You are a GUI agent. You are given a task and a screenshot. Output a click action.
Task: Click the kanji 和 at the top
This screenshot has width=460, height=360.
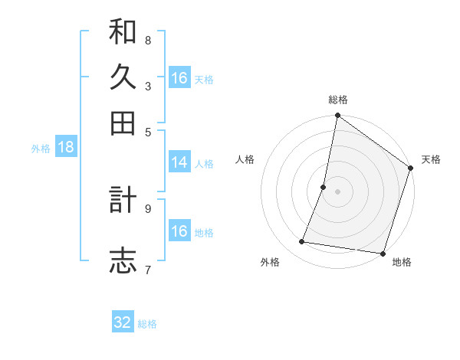[x=123, y=34]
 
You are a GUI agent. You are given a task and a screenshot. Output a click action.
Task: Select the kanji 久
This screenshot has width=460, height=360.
[x=123, y=78]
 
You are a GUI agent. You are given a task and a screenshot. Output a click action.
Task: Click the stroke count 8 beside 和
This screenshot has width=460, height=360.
[x=147, y=40]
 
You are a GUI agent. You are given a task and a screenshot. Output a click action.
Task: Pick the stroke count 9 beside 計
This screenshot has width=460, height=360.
[x=147, y=207]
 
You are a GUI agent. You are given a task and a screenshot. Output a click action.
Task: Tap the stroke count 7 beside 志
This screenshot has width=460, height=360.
[x=147, y=269]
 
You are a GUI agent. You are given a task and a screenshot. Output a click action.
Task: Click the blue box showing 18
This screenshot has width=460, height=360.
[x=65, y=148]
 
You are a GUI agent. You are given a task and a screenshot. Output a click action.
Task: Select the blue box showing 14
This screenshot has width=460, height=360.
[x=179, y=162]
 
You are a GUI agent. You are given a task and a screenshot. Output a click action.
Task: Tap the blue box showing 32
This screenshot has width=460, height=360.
[x=123, y=322]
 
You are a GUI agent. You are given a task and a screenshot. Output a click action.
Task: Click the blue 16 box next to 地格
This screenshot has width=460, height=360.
[x=179, y=231]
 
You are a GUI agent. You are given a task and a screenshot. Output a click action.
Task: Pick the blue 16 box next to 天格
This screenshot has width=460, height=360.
[x=179, y=78]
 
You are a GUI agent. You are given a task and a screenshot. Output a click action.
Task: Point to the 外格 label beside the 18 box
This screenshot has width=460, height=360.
[x=41, y=149]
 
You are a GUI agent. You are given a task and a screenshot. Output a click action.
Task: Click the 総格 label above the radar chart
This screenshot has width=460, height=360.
[x=338, y=100]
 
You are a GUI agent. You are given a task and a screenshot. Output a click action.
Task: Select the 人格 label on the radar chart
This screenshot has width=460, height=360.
[x=245, y=159]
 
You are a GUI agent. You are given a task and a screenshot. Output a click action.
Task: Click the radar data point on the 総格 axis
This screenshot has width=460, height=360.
[x=337, y=116]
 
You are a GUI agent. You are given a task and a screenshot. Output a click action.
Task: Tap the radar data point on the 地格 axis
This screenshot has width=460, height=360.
[x=383, y=253]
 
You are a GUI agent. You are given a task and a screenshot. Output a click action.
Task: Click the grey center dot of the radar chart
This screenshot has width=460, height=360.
[x=337, y=191]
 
